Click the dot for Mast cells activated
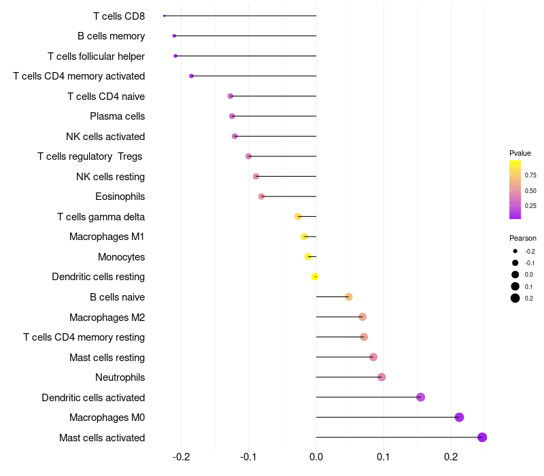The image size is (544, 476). pos(482,437)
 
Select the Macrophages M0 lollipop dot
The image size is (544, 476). pos(459,417)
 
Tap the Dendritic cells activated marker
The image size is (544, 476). pos(420,397)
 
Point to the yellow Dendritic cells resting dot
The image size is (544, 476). pos(315,277)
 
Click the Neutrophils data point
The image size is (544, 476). pos(381,377)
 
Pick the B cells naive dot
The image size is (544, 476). pos(349,296)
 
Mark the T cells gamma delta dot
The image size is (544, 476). pos(298,216)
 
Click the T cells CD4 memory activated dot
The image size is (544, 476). pos(191,76)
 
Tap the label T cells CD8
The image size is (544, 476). pos(119,16)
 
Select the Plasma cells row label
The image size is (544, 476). pos(117,116)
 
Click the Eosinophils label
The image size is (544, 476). pos(120,197)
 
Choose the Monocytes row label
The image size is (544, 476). pos(121,257)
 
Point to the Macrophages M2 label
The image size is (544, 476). pos(107,317)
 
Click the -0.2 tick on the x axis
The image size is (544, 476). pos(182,456)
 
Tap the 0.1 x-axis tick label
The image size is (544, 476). pos(384,456)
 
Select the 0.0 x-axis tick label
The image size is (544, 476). pos(316,456)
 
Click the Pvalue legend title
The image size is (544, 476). pos(520,153)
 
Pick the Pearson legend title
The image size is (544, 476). pos(523,238)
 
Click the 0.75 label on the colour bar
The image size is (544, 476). pos(530,175)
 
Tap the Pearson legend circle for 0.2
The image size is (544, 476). pos(515,298)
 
